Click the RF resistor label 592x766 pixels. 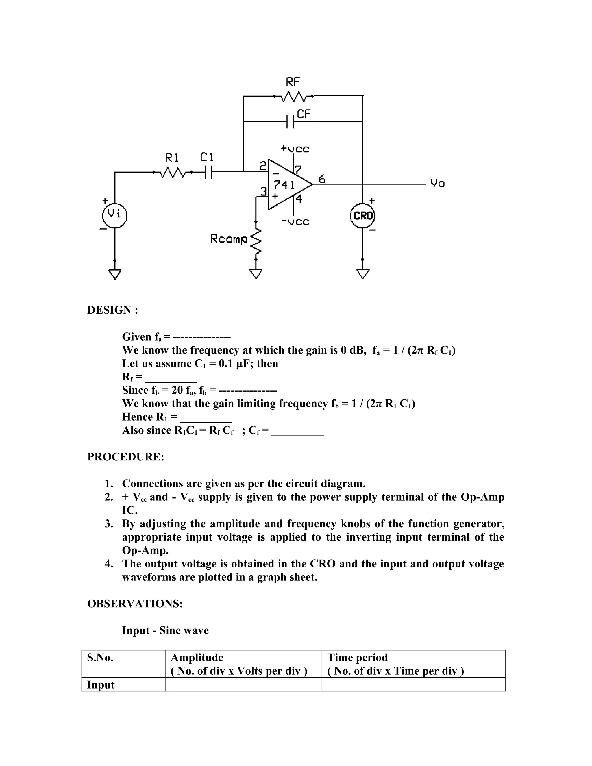pyautogui.click(x=293, y=82)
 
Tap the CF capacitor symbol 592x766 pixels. pyautogui.click(x=290, y=121)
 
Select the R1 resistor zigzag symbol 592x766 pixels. pyautogui.click(x=172, y=172)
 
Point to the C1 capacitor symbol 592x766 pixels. pyautogui.click(x=208, y=172)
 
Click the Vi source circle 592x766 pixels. pyautogui.click(x=115, y=215)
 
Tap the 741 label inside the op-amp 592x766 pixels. pyautogui.click(x=284, y=185)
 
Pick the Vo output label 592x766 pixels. pyautogui.click(x=437, y=183)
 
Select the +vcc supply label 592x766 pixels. pyautogui.click(x=295, y=149)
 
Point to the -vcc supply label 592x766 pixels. pyautogui.click(x=295, y=222)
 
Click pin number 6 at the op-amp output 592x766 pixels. pyautogui.click(x=322, y=179)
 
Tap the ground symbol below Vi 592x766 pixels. pyautogui.click(x=115, y=273)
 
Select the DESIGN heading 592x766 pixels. pyautogui.click(x=112, y=310)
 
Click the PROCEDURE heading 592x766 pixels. pyautogui.click(x=125, y=457)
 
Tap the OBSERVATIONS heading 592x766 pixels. pyautogui.click(x=135, y=604)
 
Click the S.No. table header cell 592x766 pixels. pyautogui.click(x=100, y=658)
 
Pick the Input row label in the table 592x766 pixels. pyautogui.click(x=101, y=684)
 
